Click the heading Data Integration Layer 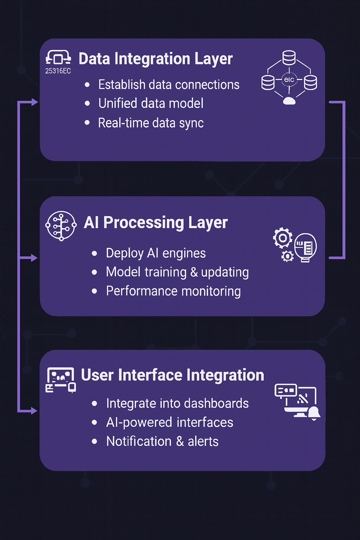tap(155, 59)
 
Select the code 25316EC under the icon tap(58, 71)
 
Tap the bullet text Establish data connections tap(169, 85)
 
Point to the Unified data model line tap(151, 103)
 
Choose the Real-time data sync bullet tap(151, 123)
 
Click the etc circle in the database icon tap(289, 80)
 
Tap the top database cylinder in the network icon tap(289, 58)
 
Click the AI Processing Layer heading tap(156, 223)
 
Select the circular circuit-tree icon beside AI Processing tap(61, 226)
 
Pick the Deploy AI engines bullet tap(156, 253)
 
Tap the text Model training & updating tap(177, 272)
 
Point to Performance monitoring tap(173, 291)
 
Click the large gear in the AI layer tap(283, 238)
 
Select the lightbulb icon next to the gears tap(306, 247)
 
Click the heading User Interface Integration tap(172, 375)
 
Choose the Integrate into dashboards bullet tap(177, 404)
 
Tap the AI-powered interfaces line tap(169, 423)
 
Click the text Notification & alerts tap(162, 442)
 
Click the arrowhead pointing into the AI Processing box tap(34, 258)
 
